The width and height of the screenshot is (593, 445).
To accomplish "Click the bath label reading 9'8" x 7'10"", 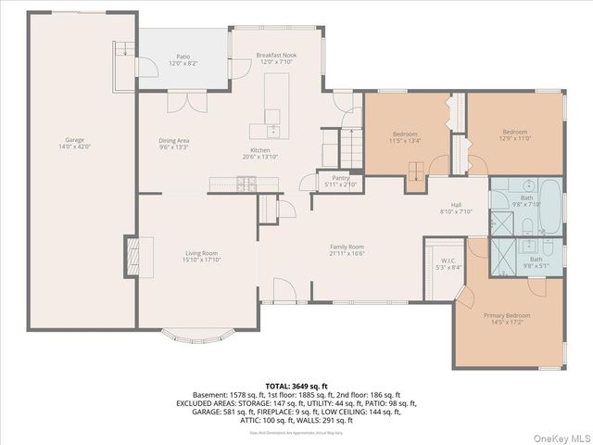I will pyautogui.click(x=526, y=201).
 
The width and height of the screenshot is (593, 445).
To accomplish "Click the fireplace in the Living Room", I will pyautogui.click(x=132, y=252).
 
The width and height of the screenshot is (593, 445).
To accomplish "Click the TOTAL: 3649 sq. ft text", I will pyautogui.click(x=296, y=386).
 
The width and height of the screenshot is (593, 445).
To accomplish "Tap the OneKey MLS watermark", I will pyautogui.click(x=559, y=436).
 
